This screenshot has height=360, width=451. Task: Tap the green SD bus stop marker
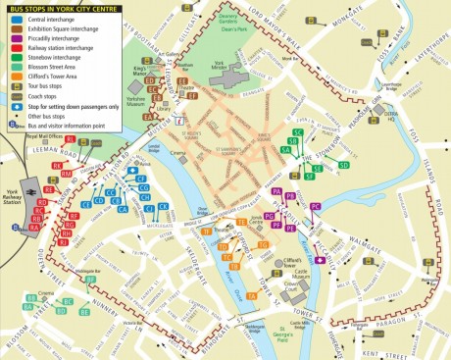coord(344,166)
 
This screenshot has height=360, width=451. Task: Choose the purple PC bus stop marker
coord(315,207)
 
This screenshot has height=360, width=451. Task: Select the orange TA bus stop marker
coord(234,266)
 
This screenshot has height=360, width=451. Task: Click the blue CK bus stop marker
coord(163,207)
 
